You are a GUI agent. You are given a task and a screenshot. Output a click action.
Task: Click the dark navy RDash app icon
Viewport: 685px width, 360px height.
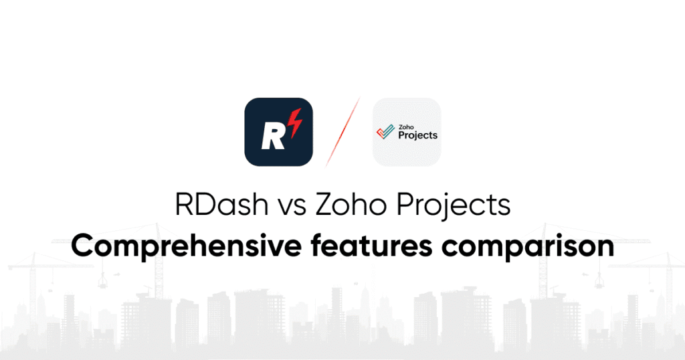point(278,132)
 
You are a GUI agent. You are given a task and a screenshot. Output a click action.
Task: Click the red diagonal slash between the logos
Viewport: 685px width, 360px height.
point(342,132)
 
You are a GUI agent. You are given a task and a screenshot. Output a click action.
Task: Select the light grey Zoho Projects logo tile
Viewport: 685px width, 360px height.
point(407,132)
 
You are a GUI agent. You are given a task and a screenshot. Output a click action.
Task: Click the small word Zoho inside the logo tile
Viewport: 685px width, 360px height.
point(405,125)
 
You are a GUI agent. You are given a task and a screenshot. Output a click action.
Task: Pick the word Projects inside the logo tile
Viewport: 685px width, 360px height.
point(418,135)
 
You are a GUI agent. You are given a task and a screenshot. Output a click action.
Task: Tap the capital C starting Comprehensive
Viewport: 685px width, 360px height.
point(83,246)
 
